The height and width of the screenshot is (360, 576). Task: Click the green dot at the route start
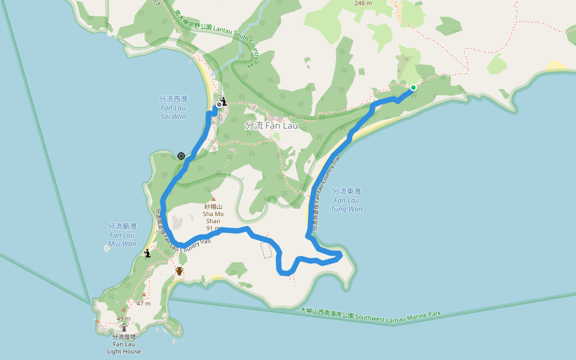[413, 88]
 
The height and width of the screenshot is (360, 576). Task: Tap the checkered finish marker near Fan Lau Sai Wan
[218, 105]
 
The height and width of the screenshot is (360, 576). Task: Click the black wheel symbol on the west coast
[181, 156]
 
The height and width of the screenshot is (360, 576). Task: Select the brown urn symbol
[179, 271]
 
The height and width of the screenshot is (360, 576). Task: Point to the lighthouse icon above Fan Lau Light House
[124, 328]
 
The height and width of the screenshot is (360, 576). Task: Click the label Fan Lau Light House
[124, 344]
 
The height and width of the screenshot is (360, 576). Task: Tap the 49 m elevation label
[124, 318]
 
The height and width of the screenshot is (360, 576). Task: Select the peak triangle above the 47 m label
[144, 295]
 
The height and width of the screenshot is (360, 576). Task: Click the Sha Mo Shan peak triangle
[213, 199]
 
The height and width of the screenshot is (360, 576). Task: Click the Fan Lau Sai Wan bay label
[173, 107]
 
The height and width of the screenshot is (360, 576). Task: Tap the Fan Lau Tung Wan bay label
[346, 200]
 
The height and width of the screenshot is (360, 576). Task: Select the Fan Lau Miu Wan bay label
[122, 235]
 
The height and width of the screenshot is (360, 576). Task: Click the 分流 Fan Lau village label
[271, 126]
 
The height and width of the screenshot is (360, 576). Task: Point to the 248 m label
[363, 4]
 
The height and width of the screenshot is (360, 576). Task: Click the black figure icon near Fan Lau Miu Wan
[148, 254]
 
